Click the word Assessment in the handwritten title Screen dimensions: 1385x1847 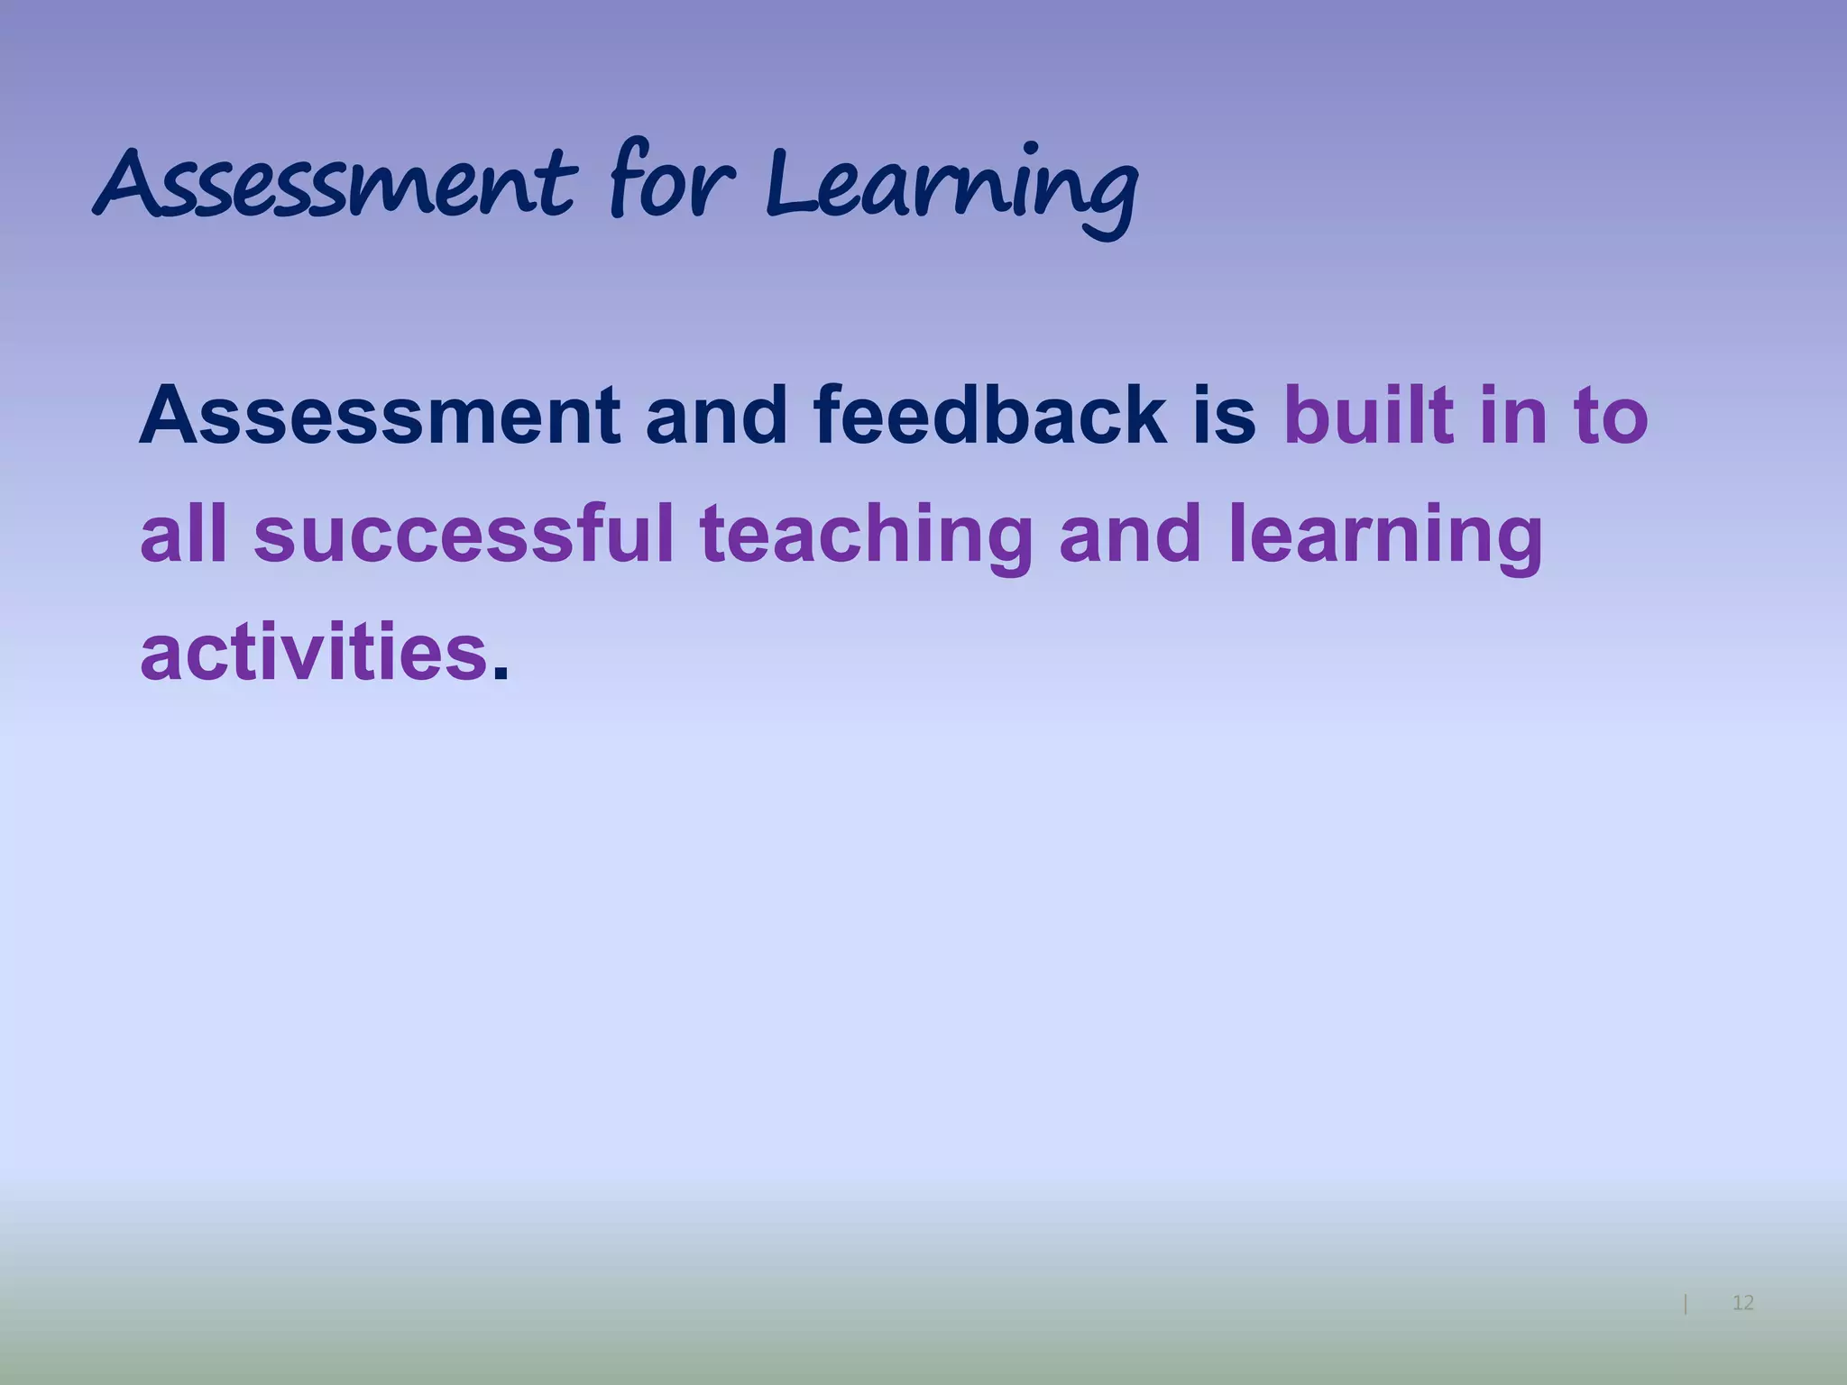(334, 185)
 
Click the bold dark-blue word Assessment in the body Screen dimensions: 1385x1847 (380, 416)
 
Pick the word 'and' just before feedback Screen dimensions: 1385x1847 (716, 416)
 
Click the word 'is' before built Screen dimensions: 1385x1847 (1224, 416)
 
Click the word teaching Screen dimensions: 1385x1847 (866, 537)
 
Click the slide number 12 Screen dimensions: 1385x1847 (1743, 1302)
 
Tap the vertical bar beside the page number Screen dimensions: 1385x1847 (1686, 1303)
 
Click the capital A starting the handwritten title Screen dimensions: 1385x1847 (126, 185)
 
